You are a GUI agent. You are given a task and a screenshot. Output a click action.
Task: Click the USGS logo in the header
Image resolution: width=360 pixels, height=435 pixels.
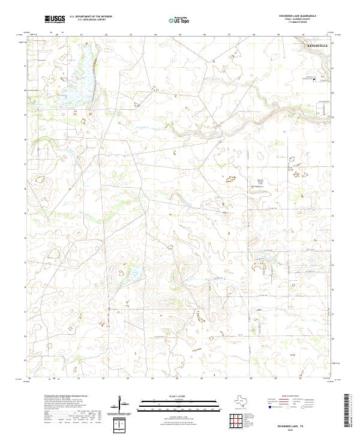point(55,19)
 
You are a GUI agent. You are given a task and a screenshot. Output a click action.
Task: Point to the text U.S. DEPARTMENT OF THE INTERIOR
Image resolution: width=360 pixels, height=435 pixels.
point(91,16)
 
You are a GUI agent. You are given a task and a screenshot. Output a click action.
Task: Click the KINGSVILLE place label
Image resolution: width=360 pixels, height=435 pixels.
point(317,46)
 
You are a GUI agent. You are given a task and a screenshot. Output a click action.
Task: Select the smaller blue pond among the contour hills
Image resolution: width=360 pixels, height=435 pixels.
point(134,272)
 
